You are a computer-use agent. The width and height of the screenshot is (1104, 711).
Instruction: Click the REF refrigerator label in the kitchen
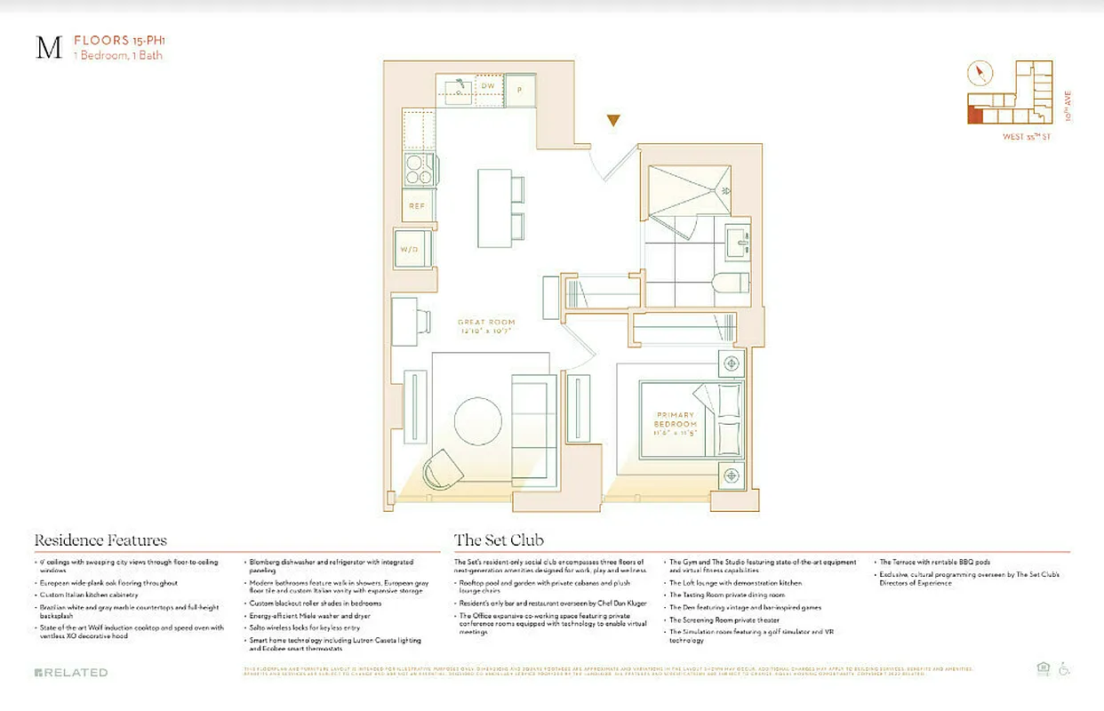tap(417, 205)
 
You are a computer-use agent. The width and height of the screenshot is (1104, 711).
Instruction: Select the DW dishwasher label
tap(488, 86)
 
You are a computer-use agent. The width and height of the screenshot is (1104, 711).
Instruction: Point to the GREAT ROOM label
tap(486, 326)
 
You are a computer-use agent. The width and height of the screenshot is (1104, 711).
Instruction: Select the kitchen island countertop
tap(493, 208)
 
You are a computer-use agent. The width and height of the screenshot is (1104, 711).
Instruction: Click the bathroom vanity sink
tap(738, 242)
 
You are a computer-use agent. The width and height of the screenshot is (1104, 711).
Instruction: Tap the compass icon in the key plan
tap(981, 73)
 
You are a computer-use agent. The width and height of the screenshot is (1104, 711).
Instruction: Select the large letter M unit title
tap(48, 48)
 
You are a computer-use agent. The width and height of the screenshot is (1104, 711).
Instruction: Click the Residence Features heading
tap(100, 539)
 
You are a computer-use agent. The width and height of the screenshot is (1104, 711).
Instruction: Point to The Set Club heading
tap(499, 539)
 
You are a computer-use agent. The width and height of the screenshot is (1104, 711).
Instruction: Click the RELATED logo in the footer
tap(71, 672)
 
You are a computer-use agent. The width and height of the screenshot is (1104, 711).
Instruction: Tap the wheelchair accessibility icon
tap(1063, 669)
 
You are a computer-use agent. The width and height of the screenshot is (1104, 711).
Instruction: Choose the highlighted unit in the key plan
tap(975, 115)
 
